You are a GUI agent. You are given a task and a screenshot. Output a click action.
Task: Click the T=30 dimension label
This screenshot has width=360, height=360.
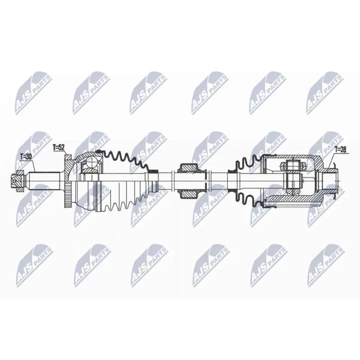[x=25, y=157]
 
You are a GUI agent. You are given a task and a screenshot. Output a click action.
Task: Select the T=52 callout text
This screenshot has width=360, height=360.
[x=58, y=147]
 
